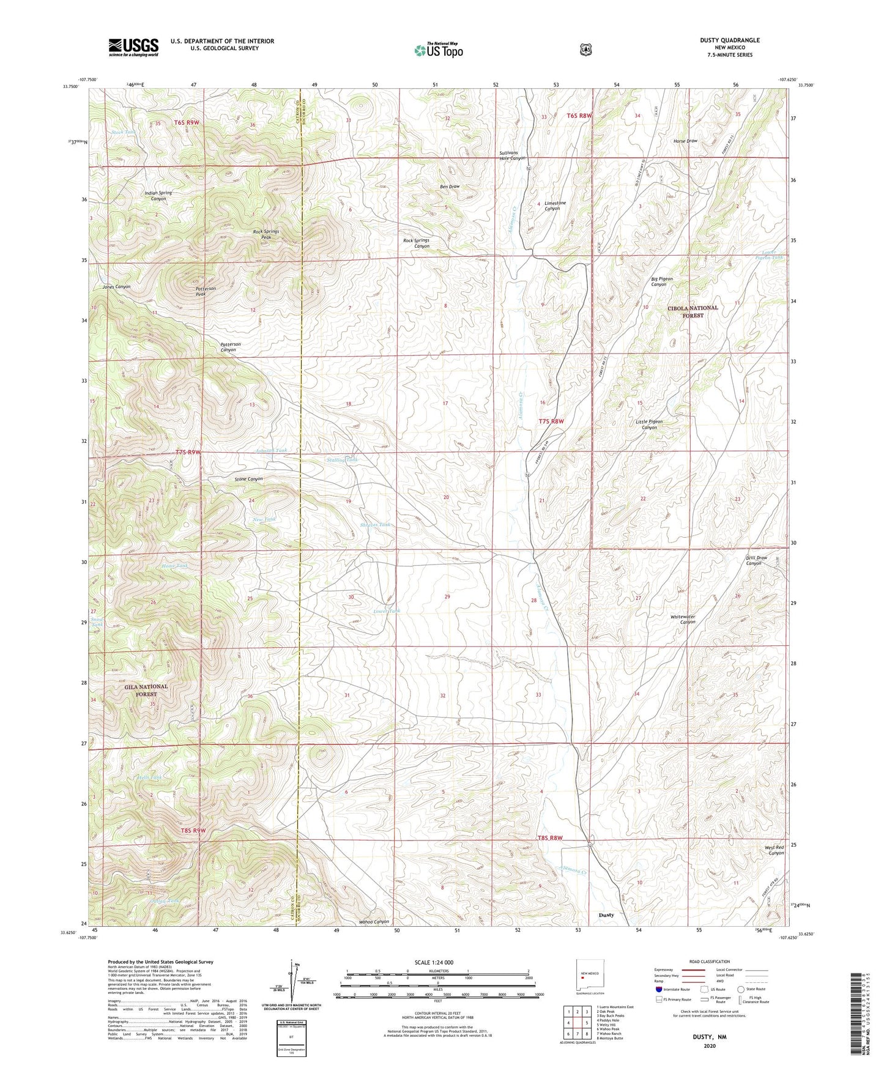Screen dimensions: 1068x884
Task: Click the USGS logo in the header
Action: [x=133, y=47]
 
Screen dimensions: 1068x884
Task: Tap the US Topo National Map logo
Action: [x=438, y=50]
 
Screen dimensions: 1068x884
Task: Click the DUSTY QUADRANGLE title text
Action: [x=730, y=40]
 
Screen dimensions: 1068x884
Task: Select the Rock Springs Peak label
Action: [x=266, y=234]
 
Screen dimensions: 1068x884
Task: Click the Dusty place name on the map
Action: [x=606, y=915]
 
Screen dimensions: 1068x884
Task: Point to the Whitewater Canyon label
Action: [x=683, y=620]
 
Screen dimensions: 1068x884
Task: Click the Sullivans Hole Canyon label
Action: [x=512, y=156]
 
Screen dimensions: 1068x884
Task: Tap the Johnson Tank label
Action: [x=271, y=451]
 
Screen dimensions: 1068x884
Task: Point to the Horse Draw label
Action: [x=685, y=141]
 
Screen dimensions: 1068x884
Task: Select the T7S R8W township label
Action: [x=550, y=421]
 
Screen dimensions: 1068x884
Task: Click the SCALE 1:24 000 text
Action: [x=434, y=962]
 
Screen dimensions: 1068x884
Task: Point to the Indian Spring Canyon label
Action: [x=158, y=196]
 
